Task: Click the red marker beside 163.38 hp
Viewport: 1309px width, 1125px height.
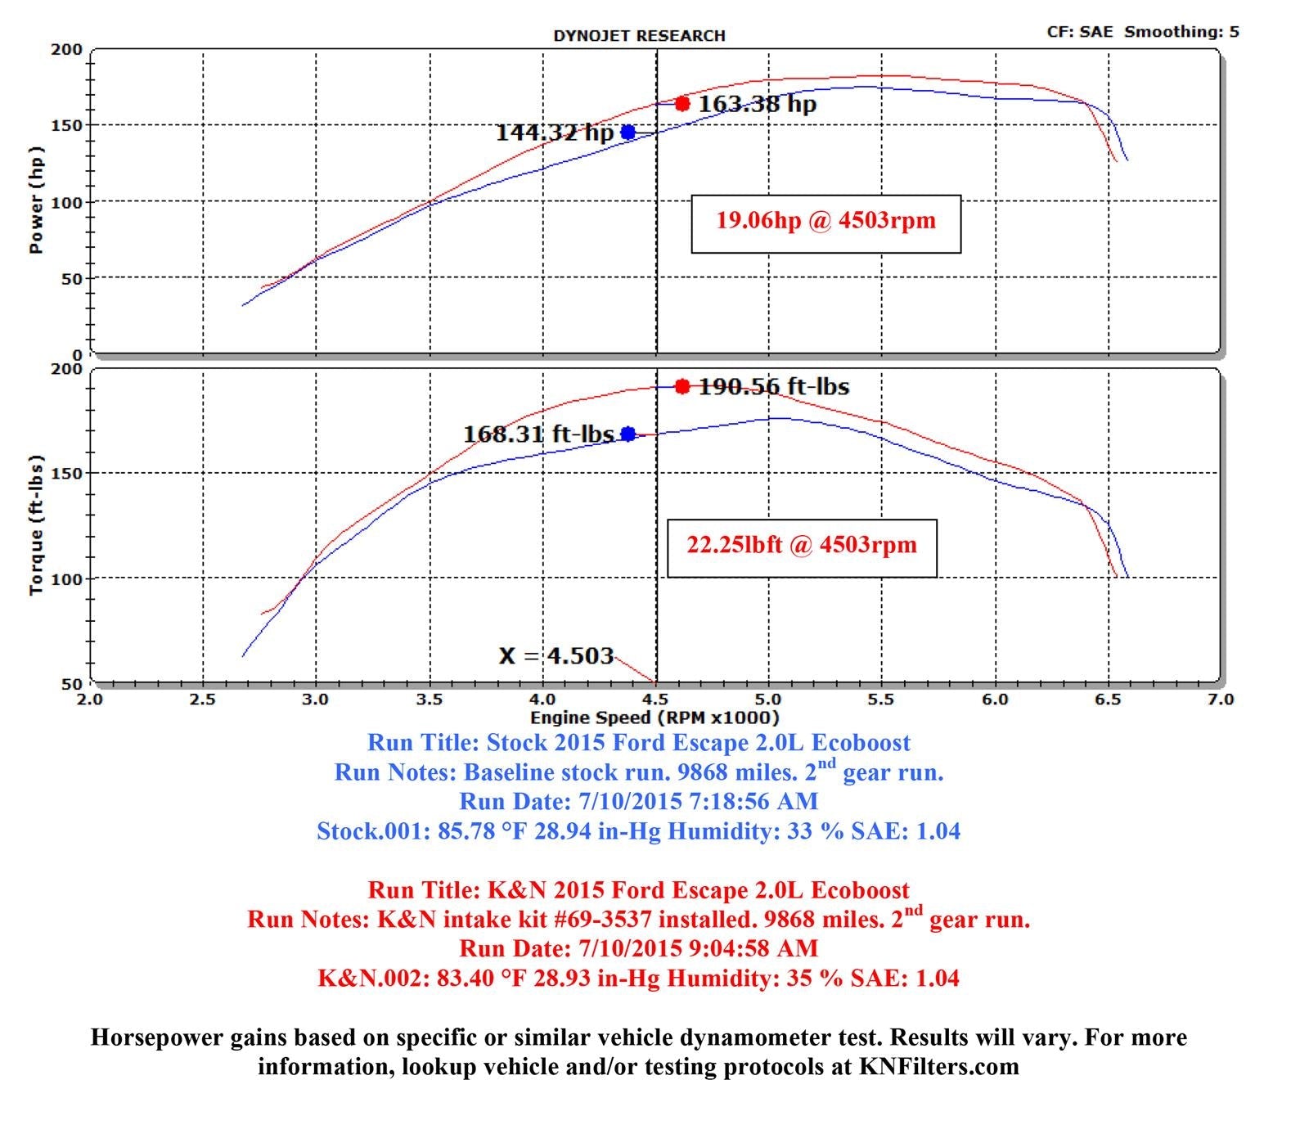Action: tap(682, 104)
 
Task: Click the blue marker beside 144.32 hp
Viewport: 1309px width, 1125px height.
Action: tap(628, 132)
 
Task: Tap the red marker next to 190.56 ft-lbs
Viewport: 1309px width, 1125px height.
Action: tap(682, 386)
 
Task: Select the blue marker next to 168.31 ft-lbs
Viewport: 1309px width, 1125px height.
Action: tap(628, 434)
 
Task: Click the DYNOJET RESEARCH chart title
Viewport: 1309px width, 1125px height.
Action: tap(639, 36)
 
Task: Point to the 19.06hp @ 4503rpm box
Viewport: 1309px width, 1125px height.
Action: tap(825, 223)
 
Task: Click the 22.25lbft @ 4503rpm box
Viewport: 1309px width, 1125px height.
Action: tap(802, 548)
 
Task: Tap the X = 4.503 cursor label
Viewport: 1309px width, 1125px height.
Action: tap(556, 656)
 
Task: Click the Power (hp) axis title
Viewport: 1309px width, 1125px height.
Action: tap(36, 200)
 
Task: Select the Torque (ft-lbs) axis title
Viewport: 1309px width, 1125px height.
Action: tap(36, 525)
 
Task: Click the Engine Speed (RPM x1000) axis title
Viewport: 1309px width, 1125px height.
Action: tap(654, 718)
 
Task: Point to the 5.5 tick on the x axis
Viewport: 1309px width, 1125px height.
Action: tap(881, 700)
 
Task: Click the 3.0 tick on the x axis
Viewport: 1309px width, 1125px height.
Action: tap(316, 700)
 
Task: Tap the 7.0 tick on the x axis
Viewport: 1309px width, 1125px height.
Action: tap(1220, 700)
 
